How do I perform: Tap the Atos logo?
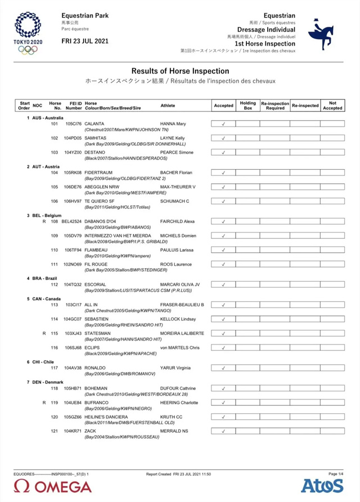(x=322, y=486)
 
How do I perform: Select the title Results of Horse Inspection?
(x=180, y=71)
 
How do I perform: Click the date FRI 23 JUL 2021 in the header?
(x=85, y=41)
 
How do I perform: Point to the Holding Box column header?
(x=247, y=106)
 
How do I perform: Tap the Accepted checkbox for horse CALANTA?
(x=223, y=124)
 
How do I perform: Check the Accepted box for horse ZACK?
(x=223, y=431)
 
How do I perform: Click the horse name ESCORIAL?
(x=95, y=284)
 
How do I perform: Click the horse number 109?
(x=55, y=236)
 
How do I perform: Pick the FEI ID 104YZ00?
(x=73, y=152)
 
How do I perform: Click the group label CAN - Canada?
(x=44, y=299)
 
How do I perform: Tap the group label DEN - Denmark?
(x=46, y=382)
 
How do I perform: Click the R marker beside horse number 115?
(x=44, y=333)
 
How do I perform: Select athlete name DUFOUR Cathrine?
(x=178, y=388)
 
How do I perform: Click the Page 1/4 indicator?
(x=336, y=474)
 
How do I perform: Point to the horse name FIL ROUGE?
(x=96, y=264)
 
